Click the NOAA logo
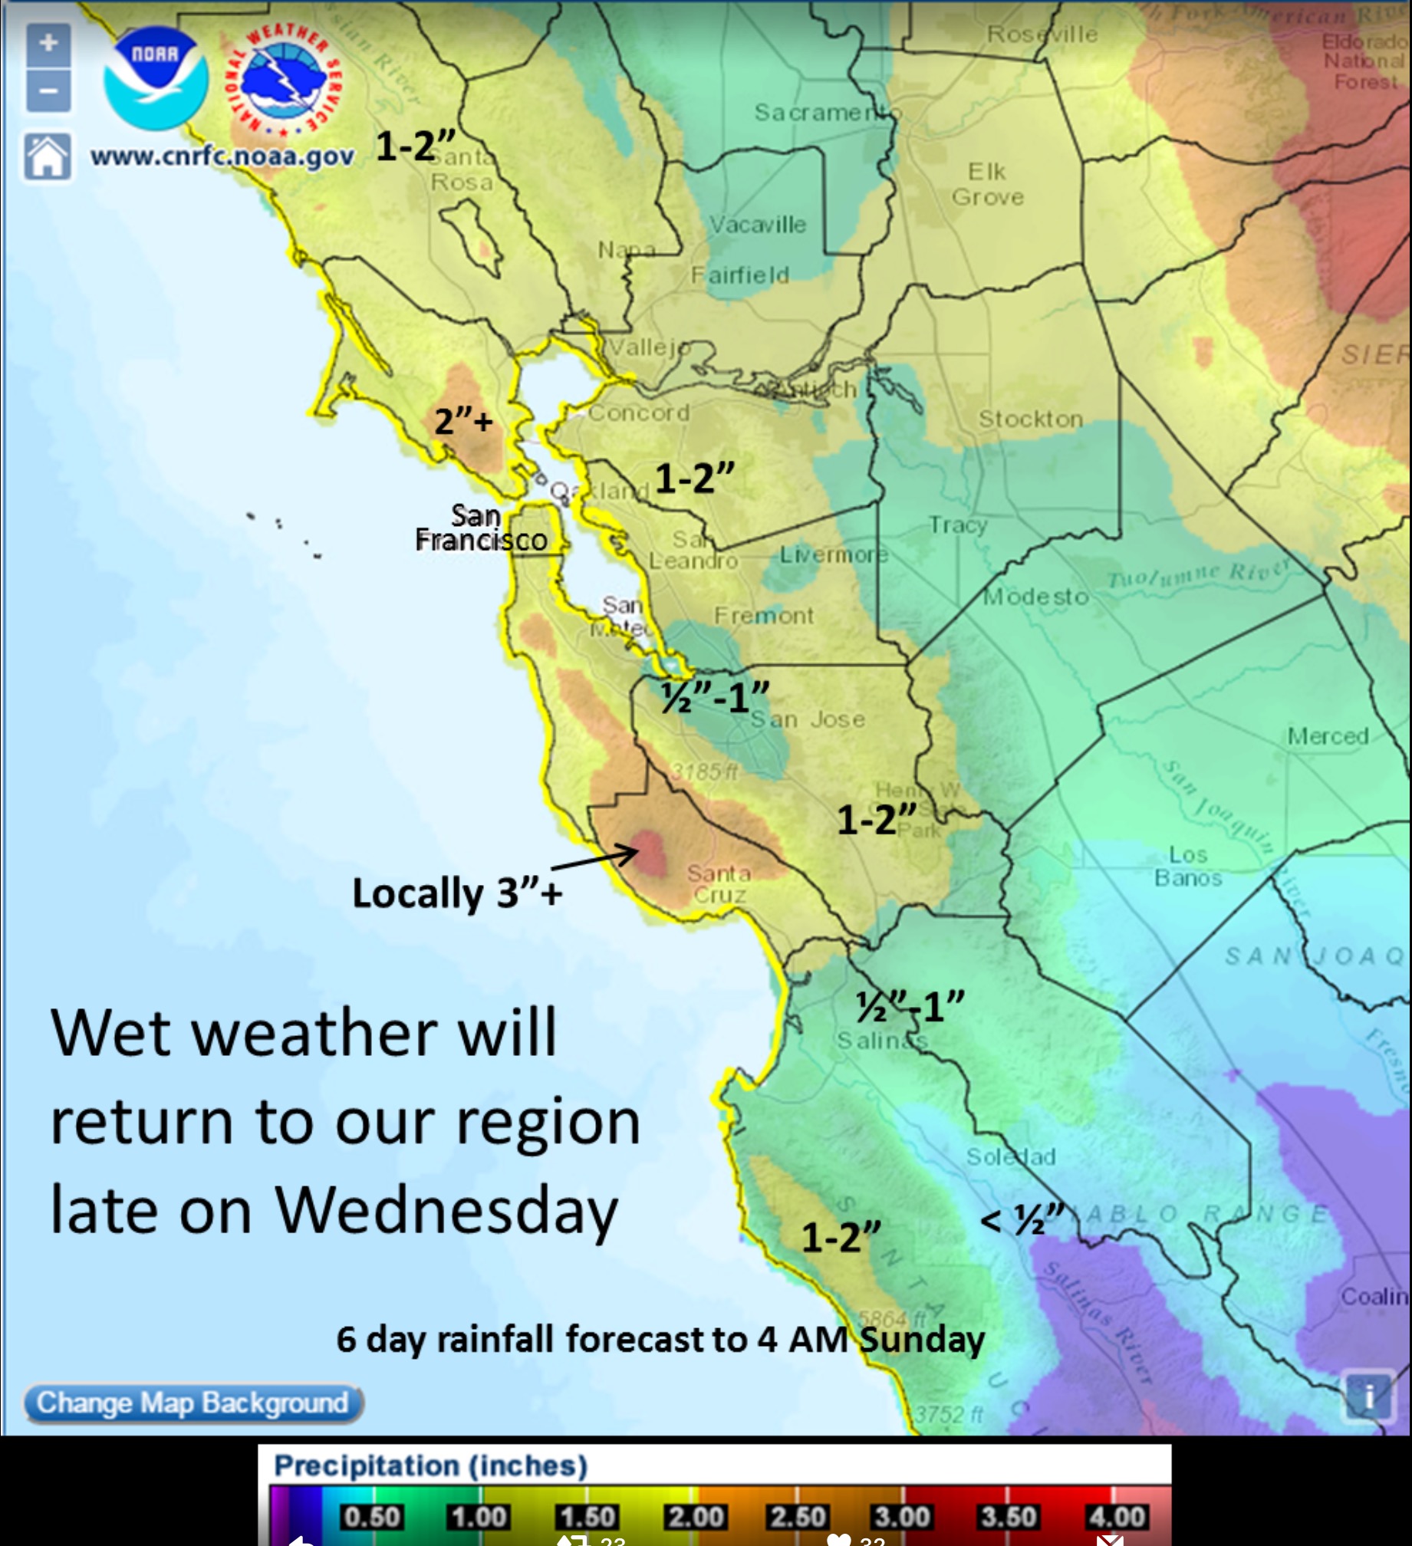pyautogui.click(x=156, y=77)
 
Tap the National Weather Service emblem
pyautogui.click(x=283, y=81)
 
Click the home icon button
pyautogui.click(x=48, y=157)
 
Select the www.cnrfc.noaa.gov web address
pyautogui.click(x=222, y=156)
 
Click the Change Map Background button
pyautogui.click(x=193, y=1403)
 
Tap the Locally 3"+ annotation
pyautogui.click(x=457, y=893)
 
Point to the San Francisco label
pyautogui.click(x=481, y=528)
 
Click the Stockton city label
pyautogui.click(x=1030, y=419)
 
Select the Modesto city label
pyautogui.click(x=1035, y=596)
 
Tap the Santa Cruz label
pyautogui.click(x=719, y=883)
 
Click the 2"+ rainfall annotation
pyautogui.click(x=463, y=421)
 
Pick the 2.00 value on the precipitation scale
pyautogui.click(x=694, y=1517)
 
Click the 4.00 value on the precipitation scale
pyautogui.click(x=1117, y=1517)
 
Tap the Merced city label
pyautogui.click(x=1328, y=736)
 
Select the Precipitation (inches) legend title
pyautogui.click(x=430, y=1465)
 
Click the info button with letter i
pyautogui.click(x=1369, y=1396)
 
